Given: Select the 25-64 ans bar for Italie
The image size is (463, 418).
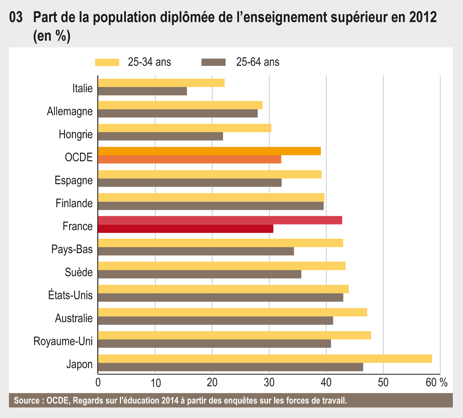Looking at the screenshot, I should click(x=143, y=91).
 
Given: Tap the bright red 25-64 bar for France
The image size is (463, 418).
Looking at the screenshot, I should click(x=186, y=229).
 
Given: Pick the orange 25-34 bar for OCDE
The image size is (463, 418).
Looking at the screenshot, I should click(x=209, y=151).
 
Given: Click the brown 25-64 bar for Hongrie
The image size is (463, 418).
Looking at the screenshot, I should click(x=160, y=137).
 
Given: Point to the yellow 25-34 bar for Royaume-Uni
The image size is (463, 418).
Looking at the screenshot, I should click(x=234, y=335).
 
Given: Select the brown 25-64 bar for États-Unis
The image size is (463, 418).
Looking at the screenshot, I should click(x=221, y=298).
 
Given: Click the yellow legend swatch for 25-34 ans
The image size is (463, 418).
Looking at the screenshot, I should click(x=107, y=62).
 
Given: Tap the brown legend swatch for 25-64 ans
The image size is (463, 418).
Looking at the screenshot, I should click(x=213, y=62).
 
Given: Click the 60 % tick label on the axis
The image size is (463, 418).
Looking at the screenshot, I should click(x=437, y=383).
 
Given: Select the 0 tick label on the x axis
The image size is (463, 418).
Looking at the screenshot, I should click(x=98, y=383).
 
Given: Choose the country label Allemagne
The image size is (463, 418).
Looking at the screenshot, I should click(x=70, y=111).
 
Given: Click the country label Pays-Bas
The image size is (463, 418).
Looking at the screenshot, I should click(x=72, y=249).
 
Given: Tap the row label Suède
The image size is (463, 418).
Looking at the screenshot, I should click(x=79, y=272).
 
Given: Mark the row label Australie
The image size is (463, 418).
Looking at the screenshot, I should click(x=74, y=318).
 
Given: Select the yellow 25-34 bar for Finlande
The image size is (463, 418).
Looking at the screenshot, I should click(x=211, y=198).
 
